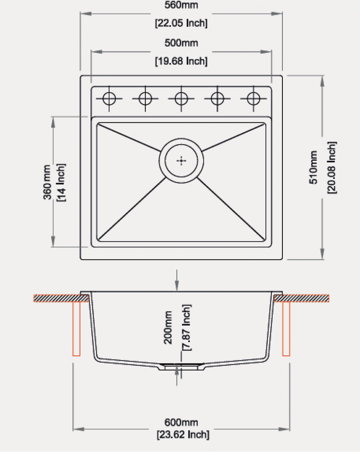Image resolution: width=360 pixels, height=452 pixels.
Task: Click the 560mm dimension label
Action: pyautogui.click(x=181, y=5)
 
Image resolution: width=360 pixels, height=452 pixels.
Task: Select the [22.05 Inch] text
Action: pyautogui.click(x=181, y=23)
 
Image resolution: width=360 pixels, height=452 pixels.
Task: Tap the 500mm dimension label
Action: pyautogui.click(x=181, y=43)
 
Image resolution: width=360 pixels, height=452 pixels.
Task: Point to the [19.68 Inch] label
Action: pyautogui.click(x=181, y=61)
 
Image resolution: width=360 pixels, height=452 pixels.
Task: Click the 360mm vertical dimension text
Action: pyautogui.click(x=47, y=182)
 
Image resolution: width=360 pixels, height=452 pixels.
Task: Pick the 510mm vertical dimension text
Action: pyautogui.click(x=313, y=167)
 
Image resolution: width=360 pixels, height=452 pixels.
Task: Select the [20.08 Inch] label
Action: pyautogui.click(x=332, y=167)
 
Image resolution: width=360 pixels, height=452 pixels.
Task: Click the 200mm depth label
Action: pyautogui.click(x=168, y=327)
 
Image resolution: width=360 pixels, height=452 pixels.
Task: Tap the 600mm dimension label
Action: pyautogui.click(x=181, y=422)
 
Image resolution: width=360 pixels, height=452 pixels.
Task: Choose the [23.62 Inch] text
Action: pyautogui.click(x=183, y=435)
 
